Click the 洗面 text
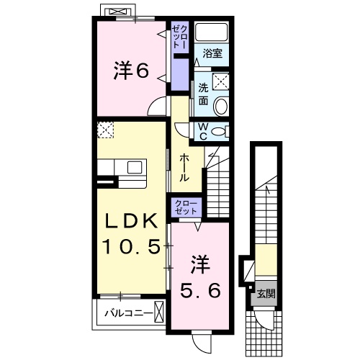204,94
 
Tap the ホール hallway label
184,167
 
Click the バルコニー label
127,313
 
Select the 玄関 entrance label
266,294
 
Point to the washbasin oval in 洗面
222,107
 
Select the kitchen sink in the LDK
135,167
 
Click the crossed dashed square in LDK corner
106,130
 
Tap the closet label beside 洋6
179,37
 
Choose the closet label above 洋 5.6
186,209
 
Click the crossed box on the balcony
160,312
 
